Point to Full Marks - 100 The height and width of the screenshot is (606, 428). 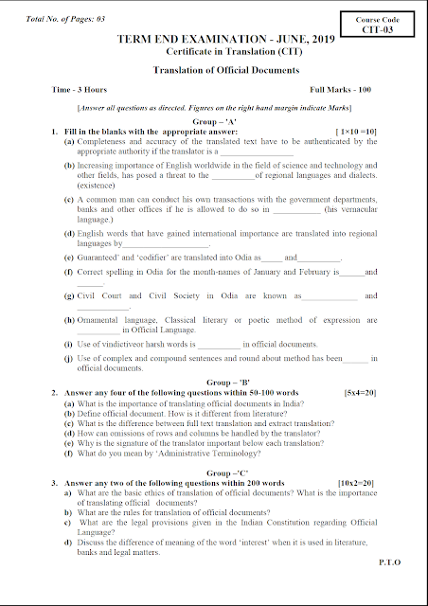343,88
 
